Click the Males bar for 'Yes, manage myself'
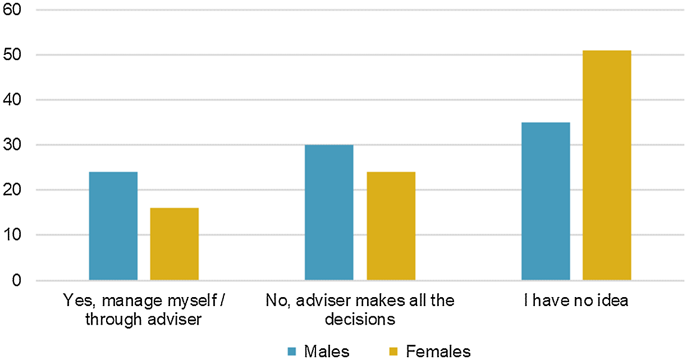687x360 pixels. [113, 226]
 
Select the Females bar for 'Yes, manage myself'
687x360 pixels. [175, 244]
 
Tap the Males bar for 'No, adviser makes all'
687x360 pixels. [329, 212]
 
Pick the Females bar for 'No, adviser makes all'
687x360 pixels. [391, 226]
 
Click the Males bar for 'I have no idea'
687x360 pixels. [546, 201]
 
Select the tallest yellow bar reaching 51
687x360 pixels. [607, 165]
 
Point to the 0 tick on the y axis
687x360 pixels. [16, 280]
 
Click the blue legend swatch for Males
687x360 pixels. [292, 351]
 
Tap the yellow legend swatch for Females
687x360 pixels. [393, 351]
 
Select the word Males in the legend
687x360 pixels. [327, 352]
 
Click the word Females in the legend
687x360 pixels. [438, 352]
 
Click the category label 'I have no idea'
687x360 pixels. [576, 300]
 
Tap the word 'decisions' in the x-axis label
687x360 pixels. [360, 320]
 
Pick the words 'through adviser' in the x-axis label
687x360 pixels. [144, 320]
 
